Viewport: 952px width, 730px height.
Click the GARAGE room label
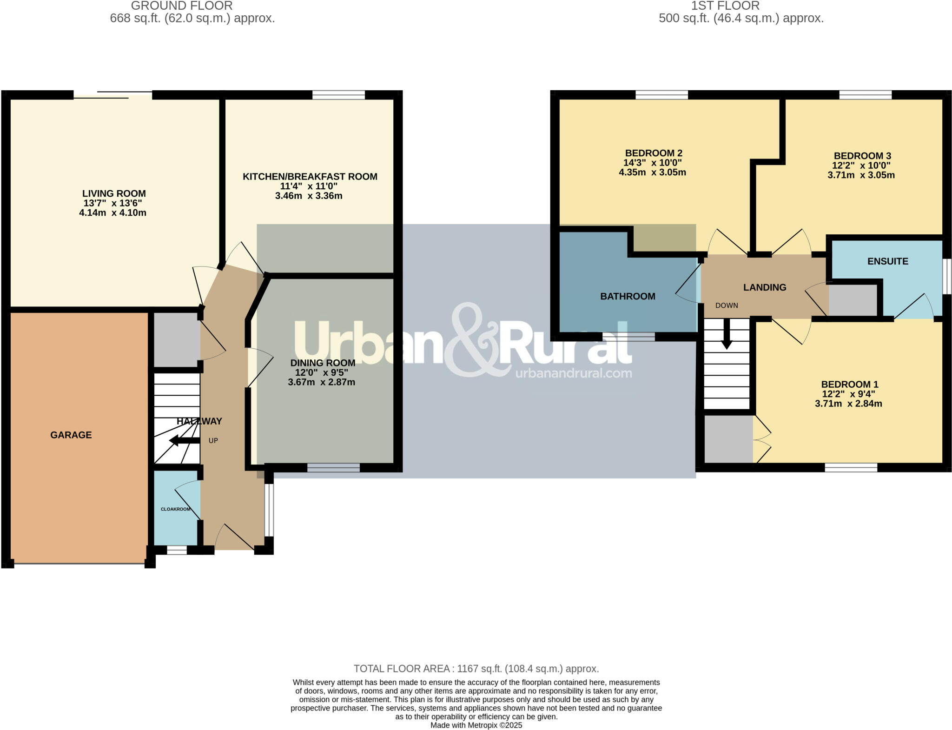[71, 435]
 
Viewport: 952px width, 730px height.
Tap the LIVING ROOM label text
[114, 193]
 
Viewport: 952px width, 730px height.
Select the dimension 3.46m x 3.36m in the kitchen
[309, 196]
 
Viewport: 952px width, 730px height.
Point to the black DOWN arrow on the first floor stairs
[727, 335]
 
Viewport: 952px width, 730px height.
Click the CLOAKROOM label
[176, 509]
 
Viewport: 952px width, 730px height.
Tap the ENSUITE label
[887, 261]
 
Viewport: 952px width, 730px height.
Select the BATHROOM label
[628, 296]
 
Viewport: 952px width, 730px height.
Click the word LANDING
[764, 287]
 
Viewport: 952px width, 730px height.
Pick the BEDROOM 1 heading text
[849, 384]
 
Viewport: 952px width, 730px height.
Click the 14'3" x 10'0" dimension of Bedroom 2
[652, 163]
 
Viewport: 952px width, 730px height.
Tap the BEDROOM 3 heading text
[862, 156]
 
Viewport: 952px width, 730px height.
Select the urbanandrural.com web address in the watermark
[573, 373]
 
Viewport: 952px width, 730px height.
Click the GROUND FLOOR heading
[182, 6]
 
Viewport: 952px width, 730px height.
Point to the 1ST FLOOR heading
[725, 6]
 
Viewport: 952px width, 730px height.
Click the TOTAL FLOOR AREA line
[476, 669]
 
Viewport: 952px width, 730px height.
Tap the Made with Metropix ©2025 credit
[476, 725]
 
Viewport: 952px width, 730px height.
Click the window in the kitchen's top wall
[338, 95]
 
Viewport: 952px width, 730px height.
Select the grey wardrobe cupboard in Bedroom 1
[728, 439]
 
